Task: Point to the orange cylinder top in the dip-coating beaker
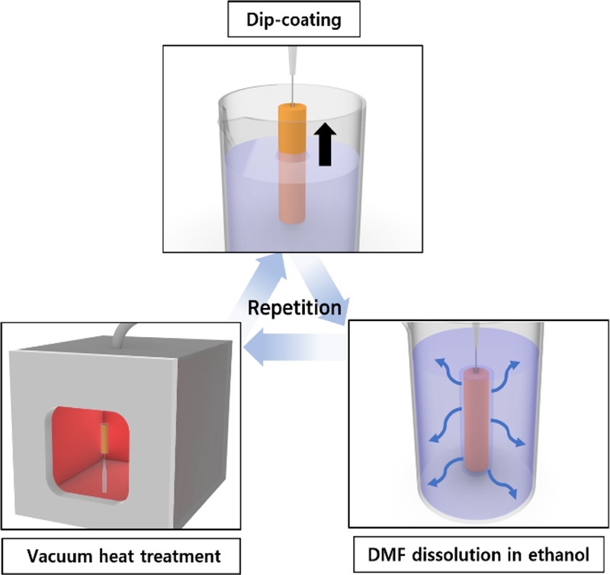click(290, 124)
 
